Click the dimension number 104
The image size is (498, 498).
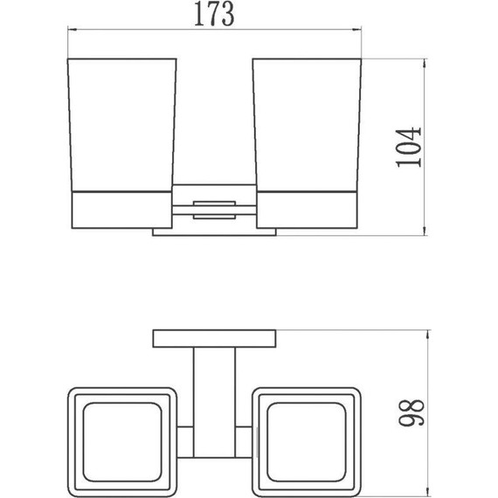point(409,147)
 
